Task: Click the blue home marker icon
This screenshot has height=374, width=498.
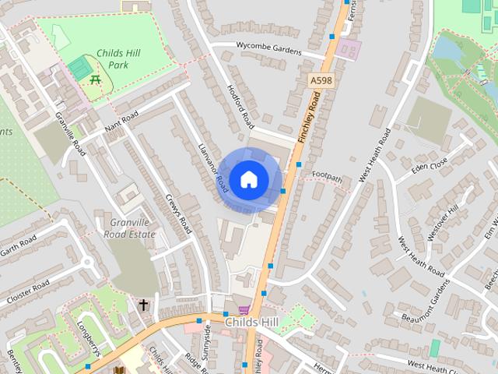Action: pos(249,180)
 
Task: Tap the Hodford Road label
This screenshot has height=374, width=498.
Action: pos(240,106)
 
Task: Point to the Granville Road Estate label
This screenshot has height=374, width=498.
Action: pos(128,228)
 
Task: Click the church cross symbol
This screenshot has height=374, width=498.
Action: pos(143,305)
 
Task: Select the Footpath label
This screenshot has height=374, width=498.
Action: pos(328,177)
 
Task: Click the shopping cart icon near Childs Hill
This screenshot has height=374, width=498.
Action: pos(244,310)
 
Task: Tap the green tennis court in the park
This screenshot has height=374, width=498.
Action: pos(78,68)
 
